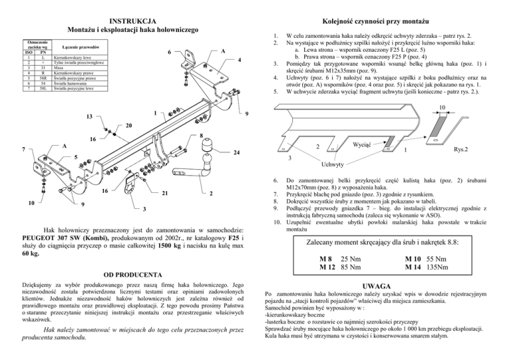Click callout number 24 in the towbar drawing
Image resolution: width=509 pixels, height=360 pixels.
[x=237, y=153]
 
